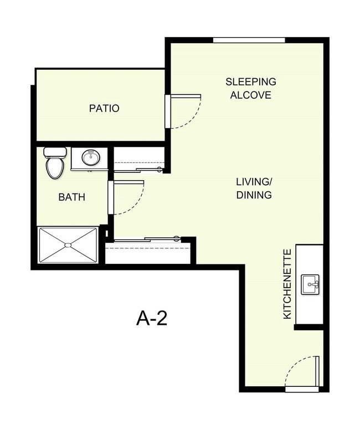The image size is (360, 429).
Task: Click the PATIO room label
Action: click(x=104, y=108)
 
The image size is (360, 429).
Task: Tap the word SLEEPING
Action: click(x=250, y=82)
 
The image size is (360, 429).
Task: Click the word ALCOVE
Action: click(x=250, y=95)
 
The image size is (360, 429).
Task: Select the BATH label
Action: click(x=71, y=197)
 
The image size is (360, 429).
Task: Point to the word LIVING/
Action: click(x=254, y=183)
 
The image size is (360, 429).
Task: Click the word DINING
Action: click(x=254, y=195)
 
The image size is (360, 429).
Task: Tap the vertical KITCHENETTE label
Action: click(x=287, y=284)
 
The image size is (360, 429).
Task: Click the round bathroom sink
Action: click(x=90, y=158)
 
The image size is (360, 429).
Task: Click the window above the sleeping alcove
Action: click(x=249, y=39)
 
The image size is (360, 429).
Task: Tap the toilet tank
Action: click(x=54, y=151)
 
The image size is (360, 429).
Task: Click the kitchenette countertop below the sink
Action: click(x=309, y=310)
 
